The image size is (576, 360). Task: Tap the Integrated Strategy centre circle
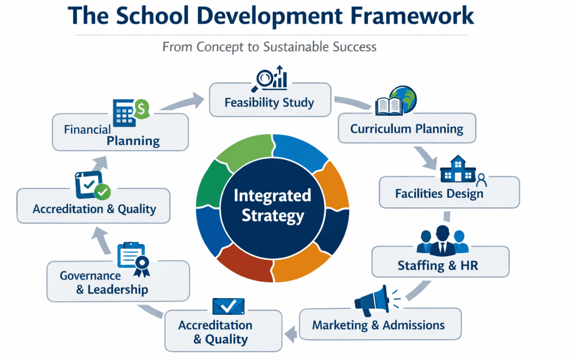[x=273, y=205]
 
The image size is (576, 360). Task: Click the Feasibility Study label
[x=269, y=102]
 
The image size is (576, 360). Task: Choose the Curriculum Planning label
[x=406, y=129]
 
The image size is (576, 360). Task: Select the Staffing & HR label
[x=438, y=265]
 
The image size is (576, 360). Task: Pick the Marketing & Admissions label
[x=378, y=325]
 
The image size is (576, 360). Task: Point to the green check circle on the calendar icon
[x=101, y=190]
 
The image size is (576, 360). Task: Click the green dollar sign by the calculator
[x=141, y=109]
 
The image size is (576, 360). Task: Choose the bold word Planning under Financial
[x=133, y=141]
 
